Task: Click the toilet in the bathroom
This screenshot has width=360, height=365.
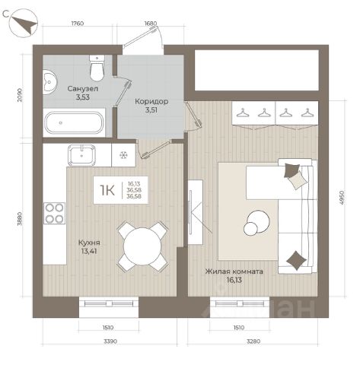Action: (97, 68)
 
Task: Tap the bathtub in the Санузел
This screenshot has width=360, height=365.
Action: (74, 122)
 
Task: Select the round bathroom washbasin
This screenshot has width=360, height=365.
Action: (49, 82)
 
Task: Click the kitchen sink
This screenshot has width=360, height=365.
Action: (81, 155)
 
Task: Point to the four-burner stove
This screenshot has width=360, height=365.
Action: (54, 213)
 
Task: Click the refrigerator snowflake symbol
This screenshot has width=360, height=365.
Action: (124, 155)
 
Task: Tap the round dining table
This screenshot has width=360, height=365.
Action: (142, 246)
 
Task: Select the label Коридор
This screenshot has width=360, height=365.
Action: (151, 102)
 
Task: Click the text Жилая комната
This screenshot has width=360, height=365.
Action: (234, 271)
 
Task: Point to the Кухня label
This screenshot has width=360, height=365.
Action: (89, 243)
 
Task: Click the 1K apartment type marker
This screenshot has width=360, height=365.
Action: (107, 190)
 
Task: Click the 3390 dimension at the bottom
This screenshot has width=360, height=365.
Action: (110, 341)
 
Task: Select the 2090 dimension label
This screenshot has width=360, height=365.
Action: (21, 95)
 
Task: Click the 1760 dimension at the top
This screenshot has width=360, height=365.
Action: (78, 24)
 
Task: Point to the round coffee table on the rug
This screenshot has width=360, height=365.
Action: (256, 222)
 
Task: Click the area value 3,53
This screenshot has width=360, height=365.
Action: (83, 97)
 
